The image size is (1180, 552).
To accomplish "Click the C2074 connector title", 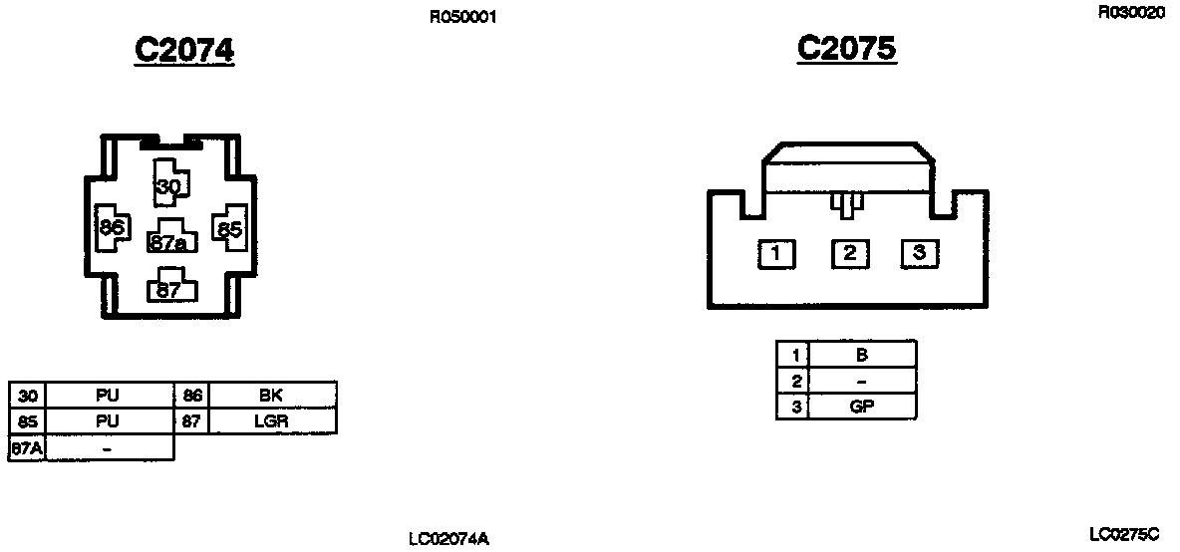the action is [184, 50].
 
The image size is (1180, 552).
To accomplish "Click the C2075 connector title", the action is [847, 48].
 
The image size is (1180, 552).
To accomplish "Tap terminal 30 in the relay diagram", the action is [168, 186].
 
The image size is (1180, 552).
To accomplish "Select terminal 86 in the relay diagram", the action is [110, 228].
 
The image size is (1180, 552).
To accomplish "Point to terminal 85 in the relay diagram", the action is [230, 229].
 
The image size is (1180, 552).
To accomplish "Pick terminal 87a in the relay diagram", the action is [170, 242].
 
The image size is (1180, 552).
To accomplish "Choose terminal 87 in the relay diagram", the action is [169, 290].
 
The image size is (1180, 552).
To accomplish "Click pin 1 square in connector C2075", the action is [776, 254].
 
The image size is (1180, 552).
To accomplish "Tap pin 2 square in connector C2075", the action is [849, 254].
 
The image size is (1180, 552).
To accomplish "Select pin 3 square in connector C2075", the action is [920, 254].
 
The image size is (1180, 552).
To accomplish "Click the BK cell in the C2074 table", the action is [271, 395].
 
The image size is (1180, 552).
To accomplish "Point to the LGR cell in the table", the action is [271, 421].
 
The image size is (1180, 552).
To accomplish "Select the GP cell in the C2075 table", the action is [861, 407].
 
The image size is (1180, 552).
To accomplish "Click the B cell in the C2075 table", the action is [861, 354].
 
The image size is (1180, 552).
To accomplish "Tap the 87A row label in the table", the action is [27, 447].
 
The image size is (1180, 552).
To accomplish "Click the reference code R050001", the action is [462, 17].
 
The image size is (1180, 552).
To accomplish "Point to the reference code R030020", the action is [1130, 12].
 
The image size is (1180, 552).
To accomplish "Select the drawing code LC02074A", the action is [448, 539].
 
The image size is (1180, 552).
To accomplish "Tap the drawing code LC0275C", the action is [1124, 534].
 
